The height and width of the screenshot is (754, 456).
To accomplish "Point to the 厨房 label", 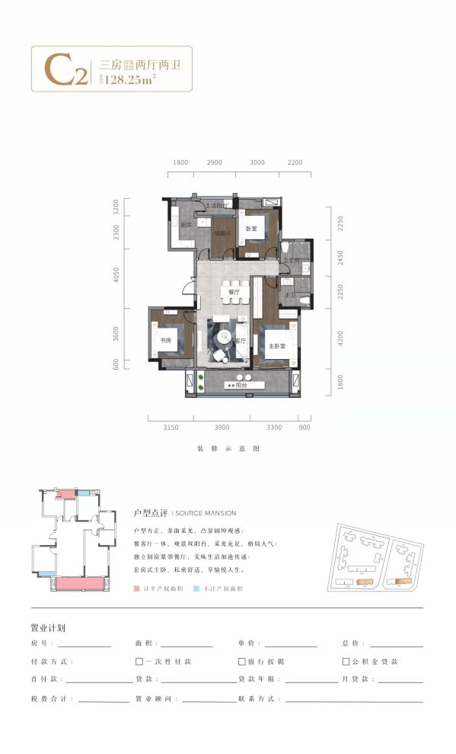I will coord(186,225).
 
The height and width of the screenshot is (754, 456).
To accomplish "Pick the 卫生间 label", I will coord(289,260).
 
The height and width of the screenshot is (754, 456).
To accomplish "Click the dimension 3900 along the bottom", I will coord(222,428).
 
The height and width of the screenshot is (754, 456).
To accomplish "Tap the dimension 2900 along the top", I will coord(215,162).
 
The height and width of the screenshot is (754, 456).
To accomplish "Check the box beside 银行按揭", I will coord(242,662).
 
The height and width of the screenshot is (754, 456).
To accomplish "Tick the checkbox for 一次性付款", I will coord(139,662).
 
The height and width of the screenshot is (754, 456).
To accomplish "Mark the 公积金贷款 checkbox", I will coord(346,662).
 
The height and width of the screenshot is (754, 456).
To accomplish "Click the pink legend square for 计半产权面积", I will coord(136,589).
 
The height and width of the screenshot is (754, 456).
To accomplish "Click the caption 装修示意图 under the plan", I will coord(228,449).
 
